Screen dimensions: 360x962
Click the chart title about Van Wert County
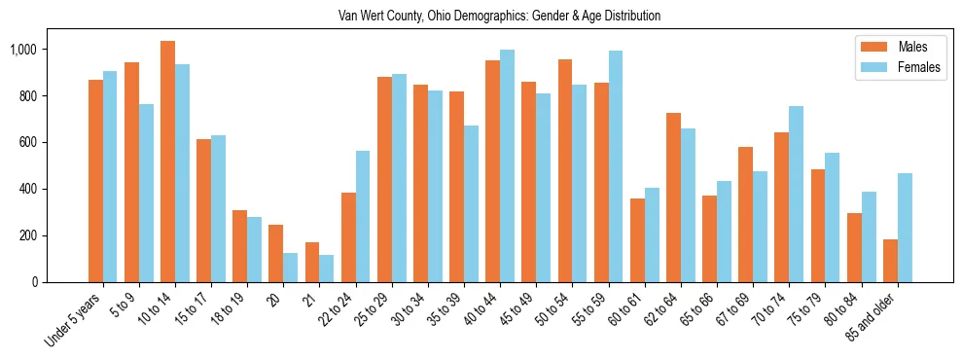tap(499, 17)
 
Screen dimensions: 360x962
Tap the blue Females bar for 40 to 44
tap(507, 166)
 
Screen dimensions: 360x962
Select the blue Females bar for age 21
tap(326, 269)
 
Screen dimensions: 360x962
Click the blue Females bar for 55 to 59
tap(616, 166)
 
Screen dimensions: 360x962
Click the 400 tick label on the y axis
tap(53, 189)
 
